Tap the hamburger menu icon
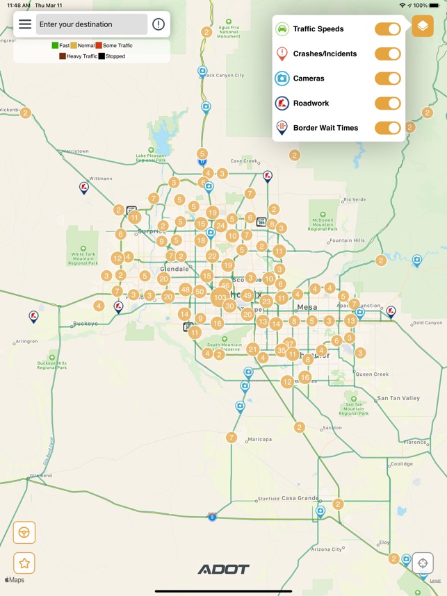coord(25,24)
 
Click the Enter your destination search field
coord(92,24)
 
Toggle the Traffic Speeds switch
coord(387,29)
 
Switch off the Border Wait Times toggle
coord(387,128)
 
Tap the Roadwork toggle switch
coord(387,104)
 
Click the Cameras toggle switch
coord(387,78)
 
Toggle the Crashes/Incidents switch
coord(387,54)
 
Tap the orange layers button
coord(423,26)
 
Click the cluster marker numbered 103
coord(220,297)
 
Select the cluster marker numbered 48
coord(185,290)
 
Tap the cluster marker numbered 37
coord(289,344)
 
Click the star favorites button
coord(24,563)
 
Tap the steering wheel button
coord(24,533)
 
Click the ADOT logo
coord(223,570)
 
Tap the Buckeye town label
coord(86,324)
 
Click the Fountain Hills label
coord(347,240)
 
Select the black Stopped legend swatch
coord(101,56)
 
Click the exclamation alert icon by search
coord(159,24)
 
